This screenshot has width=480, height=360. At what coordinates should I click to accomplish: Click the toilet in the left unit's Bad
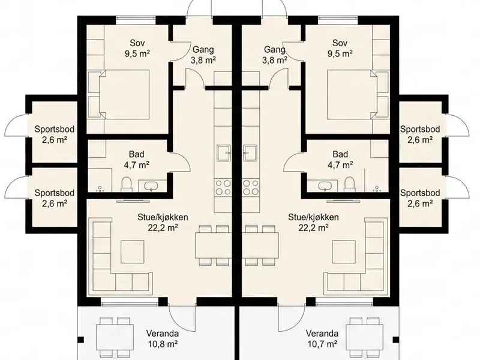point(126,184)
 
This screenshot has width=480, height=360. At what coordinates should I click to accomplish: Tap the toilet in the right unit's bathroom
point(349,184)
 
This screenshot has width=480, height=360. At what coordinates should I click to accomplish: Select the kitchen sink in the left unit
point(224,153)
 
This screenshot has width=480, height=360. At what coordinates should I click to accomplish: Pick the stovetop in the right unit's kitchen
point(250,187)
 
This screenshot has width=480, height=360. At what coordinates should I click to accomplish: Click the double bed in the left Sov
point(124,94)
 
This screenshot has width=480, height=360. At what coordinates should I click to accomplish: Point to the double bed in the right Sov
point(352,94)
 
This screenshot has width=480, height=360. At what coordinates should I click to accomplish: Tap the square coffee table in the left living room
point(132,251)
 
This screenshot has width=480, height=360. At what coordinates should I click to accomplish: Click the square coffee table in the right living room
point(344,251)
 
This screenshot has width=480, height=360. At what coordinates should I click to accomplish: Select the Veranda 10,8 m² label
point(163,338)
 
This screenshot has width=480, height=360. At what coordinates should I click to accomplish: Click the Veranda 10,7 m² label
point(322,338)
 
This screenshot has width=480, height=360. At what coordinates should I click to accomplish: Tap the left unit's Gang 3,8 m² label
point(203,55)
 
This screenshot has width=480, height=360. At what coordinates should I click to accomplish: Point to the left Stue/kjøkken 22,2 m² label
point(163,222)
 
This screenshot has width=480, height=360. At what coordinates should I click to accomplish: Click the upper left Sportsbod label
point(55,134)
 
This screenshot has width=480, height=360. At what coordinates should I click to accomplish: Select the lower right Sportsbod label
point(420,198)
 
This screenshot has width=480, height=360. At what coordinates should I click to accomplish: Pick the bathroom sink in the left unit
point(151,186)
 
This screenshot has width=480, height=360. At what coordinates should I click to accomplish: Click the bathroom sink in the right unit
point(324,186)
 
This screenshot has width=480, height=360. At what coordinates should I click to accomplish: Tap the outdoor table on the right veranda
point(365,338)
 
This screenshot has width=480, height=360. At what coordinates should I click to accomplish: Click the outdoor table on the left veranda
point(115,338)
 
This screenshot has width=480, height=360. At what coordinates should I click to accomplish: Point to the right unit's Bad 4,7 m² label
point(340,160)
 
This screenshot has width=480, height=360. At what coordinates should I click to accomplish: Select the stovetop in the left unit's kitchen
point(223,187)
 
